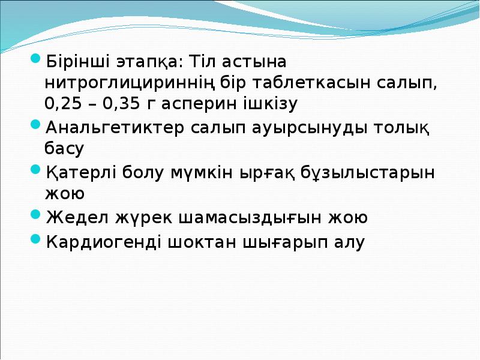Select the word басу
point(64,148)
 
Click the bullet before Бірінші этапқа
point(35,61)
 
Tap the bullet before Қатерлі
point(35,172)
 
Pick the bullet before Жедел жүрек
point(35,217)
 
